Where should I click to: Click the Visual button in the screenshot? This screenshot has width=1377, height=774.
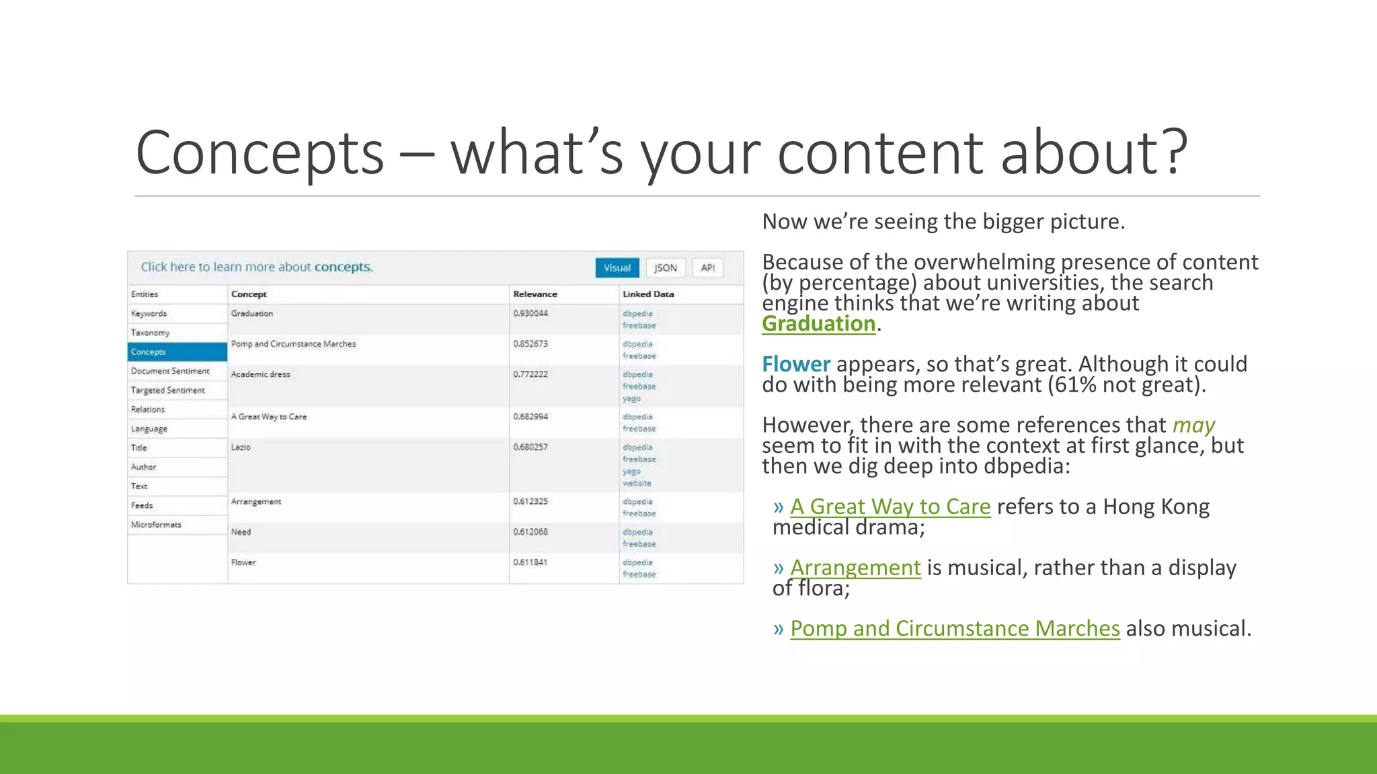click(x=617, y=267)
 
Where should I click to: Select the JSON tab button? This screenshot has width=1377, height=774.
click(x=666, y=267)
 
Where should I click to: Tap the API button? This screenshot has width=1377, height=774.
click(x=707, y=267)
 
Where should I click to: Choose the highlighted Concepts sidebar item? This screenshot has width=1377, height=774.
click(x=177, y=352)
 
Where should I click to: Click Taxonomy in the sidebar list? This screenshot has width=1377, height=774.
click(x=151, y=333)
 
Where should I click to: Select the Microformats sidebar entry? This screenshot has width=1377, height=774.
click(x=156, y=525)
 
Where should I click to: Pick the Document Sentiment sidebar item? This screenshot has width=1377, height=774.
click(x=170, y=371)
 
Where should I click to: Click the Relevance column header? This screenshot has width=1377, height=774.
click(x=535, y=294)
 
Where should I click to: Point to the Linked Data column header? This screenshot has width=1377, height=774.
click(x=647, y=294)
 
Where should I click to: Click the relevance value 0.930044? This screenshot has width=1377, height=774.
click(x=530, y=314)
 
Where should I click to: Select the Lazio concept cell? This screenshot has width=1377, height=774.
click(x=241, y=447)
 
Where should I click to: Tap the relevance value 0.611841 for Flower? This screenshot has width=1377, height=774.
click(x=530, y=562)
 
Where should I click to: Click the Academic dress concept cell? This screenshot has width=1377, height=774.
click(x=261, y=374)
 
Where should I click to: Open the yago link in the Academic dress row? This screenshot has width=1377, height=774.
click(x=631, y=398)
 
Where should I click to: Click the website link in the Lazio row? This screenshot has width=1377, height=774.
click(x=636, y=483)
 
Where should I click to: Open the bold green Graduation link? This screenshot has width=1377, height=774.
click(x=818, y=324)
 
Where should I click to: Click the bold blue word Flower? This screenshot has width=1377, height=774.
click(x=796, y=364)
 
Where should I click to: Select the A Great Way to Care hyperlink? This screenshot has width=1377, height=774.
click(x=890, y=507)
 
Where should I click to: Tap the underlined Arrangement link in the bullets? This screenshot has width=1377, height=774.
click(x=855, y=568)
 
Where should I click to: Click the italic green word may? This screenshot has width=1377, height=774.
click(x=1193, y=425)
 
